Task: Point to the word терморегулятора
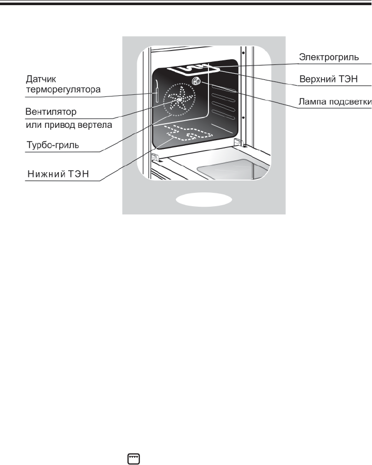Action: point(62,90)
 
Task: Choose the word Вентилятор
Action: point(51,111)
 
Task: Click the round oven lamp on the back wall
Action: point(197,81)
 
